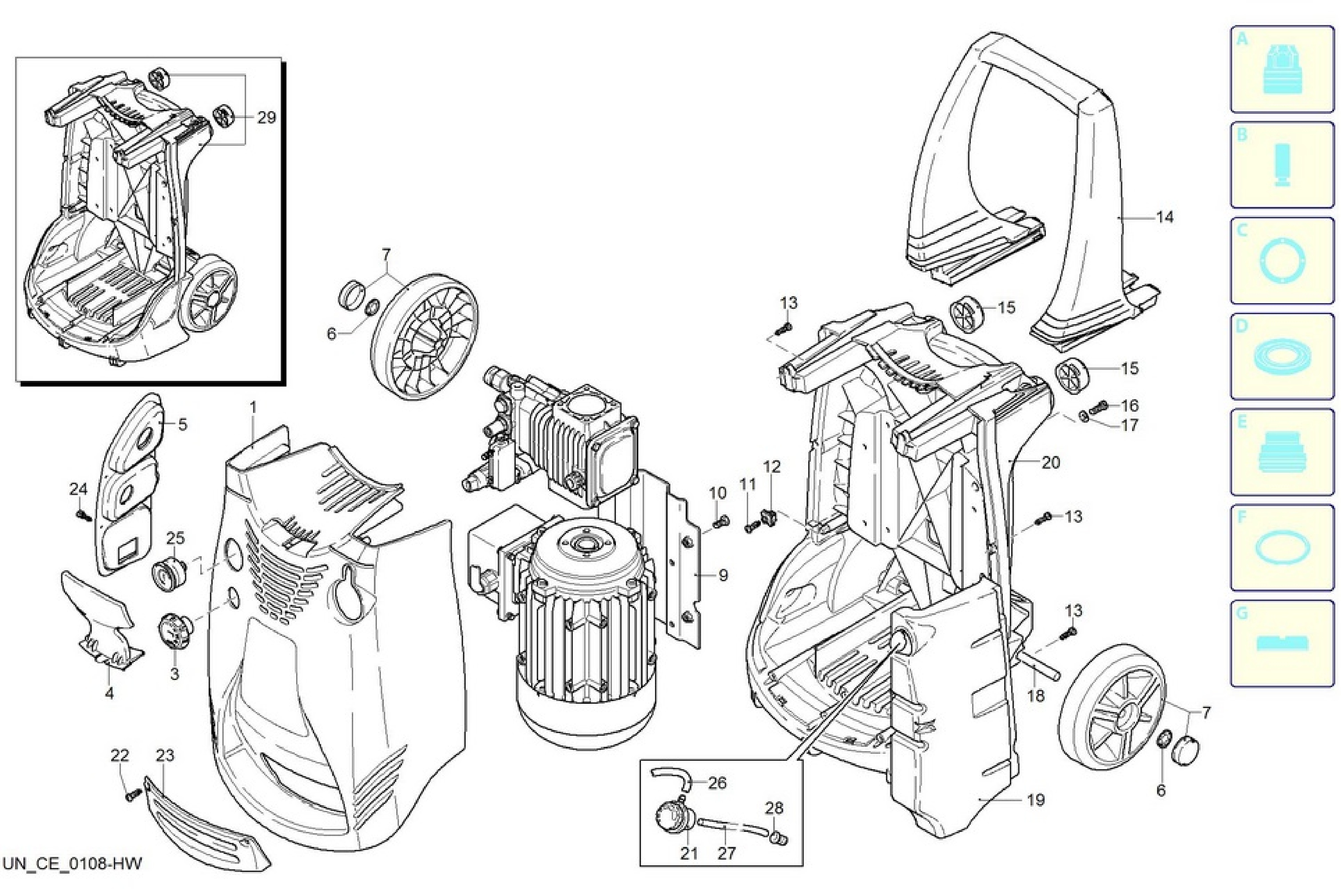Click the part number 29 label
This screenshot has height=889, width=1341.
point(266,118)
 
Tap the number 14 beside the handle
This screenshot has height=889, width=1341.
point(1165,217)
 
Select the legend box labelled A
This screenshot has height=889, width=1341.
point(1282,69)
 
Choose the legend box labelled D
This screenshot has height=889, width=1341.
point(1282,357)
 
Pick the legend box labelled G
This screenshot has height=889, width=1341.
point(1282,644)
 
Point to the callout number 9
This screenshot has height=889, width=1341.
point(723,576)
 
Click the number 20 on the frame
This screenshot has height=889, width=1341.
point(1051,463)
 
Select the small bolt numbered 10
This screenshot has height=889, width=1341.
point(721,520)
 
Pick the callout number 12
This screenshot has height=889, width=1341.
point(772,467)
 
